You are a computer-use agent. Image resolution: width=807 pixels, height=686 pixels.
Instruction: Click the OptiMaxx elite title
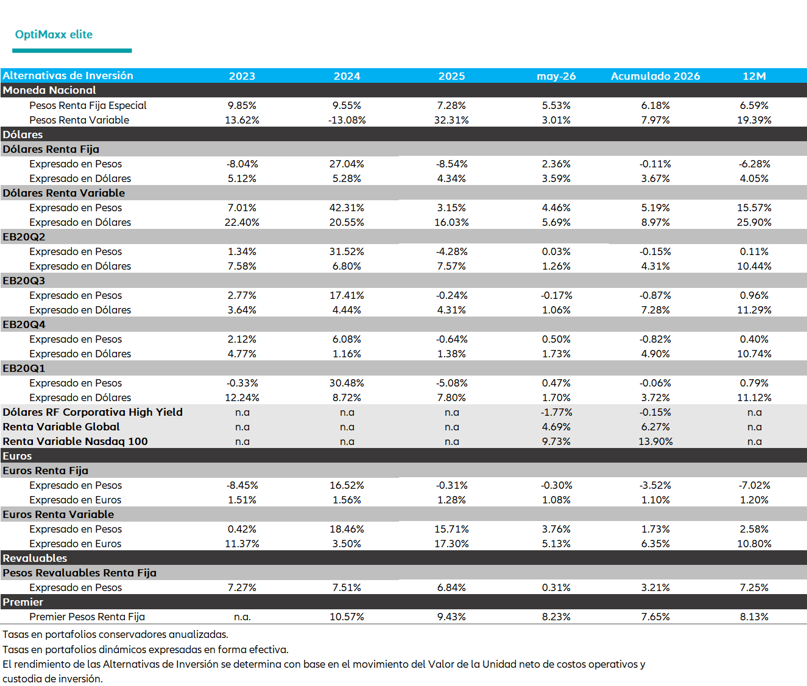pos(54,35)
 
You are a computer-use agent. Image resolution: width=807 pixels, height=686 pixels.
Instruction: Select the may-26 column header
pos(556,76)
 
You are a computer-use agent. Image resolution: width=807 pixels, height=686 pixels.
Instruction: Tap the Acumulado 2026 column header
pos(655,76)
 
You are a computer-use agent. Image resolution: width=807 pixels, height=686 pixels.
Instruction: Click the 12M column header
pos(754,76)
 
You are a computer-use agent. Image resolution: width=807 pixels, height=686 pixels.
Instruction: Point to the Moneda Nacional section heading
pos(49,90)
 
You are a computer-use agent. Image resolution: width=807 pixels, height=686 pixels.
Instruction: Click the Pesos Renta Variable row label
pos(79,120)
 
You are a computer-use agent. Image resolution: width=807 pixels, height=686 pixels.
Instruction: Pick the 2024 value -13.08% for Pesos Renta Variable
pos(347,120)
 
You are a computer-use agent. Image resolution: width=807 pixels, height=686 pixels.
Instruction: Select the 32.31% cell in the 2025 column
pos(451,120)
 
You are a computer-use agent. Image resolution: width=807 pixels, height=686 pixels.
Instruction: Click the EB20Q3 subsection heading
pos(24,281)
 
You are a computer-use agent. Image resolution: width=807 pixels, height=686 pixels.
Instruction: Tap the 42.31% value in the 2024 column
pos(347,208)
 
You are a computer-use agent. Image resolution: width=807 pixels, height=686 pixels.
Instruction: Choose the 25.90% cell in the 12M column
pos(754,222)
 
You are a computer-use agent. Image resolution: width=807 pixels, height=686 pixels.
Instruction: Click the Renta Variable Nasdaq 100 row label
pos(75,441)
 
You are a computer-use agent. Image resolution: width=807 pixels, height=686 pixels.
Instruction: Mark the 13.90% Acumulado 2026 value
pos(655,441)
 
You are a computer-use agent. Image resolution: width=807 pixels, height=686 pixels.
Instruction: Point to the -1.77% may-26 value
pos(556,412)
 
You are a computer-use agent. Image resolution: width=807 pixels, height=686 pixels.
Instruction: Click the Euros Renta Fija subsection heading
pos(45,471)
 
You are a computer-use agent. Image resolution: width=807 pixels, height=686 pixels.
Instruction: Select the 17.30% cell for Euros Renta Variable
pos(451,544)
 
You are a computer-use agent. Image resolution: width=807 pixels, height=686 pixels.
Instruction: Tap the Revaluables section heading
pos(35,558)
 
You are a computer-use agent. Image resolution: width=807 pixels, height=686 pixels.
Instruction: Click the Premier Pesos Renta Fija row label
pos(87,617)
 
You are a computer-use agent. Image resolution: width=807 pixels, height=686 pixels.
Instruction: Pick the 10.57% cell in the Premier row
pos(347,617)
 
